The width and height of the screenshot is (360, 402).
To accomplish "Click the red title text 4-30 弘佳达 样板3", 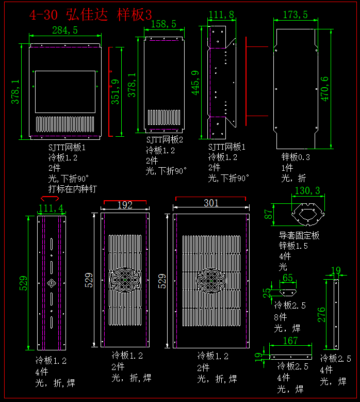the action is (x=90, y=14).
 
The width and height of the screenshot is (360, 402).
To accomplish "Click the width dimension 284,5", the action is (x=65, y=30).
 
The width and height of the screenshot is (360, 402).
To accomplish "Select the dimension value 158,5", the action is (x=163, y=24).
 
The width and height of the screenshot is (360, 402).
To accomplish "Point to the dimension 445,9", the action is (x=195, y=83).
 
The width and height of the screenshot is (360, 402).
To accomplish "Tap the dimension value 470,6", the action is (x=324, y=88).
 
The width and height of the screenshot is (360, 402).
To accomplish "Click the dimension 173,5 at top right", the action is (x=295, y=14).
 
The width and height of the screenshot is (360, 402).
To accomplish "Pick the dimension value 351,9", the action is (x=116, y=91).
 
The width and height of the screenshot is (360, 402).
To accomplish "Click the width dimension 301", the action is (x=211, y=203).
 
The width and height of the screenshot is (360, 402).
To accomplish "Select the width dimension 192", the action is (x=125, y=205).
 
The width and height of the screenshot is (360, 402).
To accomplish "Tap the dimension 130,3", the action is (x=307, y=191).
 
